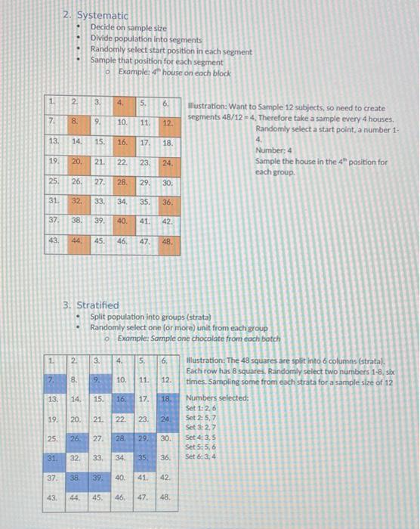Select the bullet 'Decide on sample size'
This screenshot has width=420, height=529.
(x=128, y=28)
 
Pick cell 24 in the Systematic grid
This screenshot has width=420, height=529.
(x=168, y=162)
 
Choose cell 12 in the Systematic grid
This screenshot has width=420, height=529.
(x=168, y=122)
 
